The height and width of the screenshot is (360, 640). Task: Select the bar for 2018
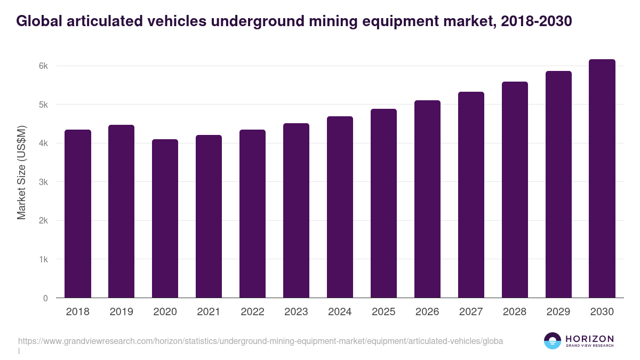[78, 213]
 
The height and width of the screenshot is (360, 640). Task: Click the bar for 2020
[165, 219]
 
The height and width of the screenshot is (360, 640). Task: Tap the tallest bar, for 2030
[602, 179]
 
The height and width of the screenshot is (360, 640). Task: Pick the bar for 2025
[383, 203]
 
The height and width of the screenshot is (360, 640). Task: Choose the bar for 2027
[471, 195]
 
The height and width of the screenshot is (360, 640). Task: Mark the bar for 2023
[296, 211]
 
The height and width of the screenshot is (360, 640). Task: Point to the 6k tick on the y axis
[44, 66]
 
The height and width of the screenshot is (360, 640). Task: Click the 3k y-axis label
[44, 182]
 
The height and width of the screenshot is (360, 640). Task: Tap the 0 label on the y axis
[46, 298]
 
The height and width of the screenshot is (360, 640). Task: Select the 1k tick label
[44, 259]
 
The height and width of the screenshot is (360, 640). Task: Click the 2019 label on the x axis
[122, 312]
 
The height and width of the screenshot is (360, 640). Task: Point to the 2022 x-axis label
[252, 312]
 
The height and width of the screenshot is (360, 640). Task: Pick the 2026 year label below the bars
[427, 312]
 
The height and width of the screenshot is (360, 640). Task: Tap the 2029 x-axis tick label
[558, 312]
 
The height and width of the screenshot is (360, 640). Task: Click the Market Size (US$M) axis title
[21, 173]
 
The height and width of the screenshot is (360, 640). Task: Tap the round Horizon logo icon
[553, 341]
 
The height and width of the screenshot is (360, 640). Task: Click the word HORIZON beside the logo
[589, 338]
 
